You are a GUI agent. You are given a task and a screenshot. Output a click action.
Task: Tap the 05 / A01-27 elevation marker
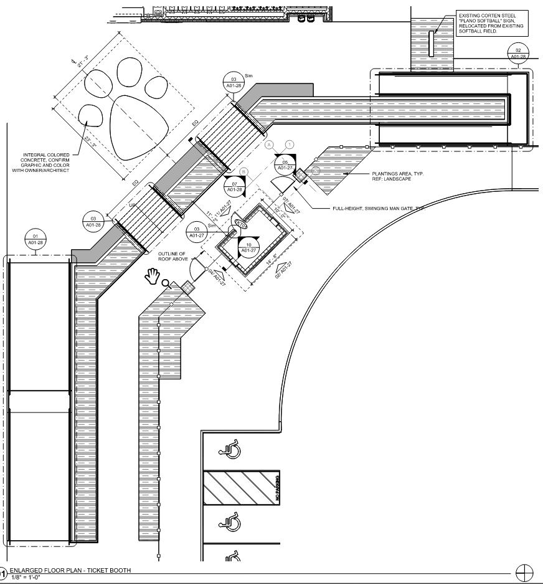[x=285, y=164]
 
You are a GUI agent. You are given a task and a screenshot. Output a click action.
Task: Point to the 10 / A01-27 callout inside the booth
[x=248, y=247]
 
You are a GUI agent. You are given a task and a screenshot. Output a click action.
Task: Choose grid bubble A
[x=270, y=144]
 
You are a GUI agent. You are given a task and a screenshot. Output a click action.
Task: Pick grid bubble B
[x=244, y=171]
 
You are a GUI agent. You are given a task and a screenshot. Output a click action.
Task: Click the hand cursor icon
[x=151, y=275]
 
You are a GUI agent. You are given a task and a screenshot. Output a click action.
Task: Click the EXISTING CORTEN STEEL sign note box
[x=491, y=23]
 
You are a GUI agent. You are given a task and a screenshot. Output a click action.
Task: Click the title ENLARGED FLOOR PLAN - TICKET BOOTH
[x=70, y=571]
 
